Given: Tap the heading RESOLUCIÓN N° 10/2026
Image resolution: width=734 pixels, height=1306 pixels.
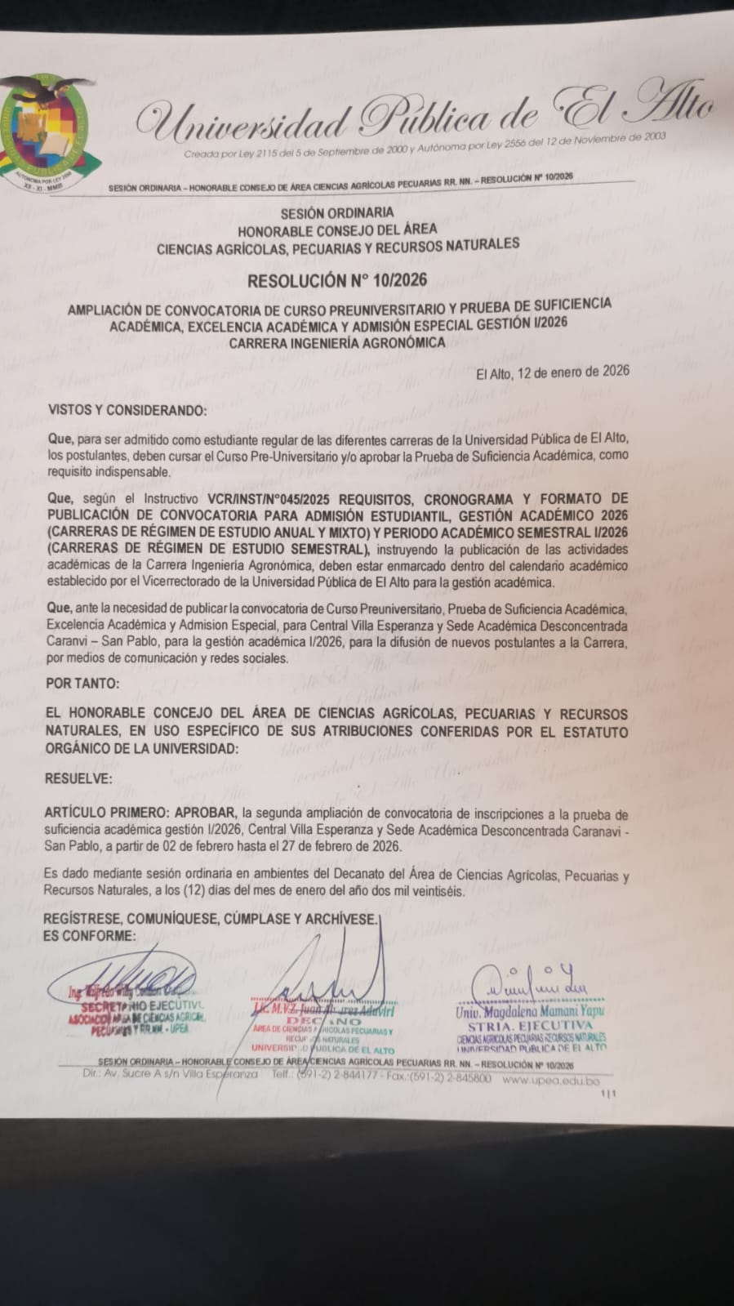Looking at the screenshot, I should click(337, 280).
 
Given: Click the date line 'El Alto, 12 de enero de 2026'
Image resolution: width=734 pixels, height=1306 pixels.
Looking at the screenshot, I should click(553, 371).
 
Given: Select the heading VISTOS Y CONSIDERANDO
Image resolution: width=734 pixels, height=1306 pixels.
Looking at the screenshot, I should click(127, 409).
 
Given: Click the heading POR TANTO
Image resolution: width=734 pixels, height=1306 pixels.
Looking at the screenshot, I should click(82, 682).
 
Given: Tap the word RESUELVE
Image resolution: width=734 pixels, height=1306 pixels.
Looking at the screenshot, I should click(79, 778).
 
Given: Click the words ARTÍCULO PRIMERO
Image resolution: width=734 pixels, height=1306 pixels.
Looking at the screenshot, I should click(118, 813).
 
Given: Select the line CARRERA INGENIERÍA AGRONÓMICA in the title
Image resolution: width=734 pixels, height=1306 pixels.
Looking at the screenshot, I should click(336, 343).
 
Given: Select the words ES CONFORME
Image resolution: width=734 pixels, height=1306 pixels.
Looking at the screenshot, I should click(90, 935).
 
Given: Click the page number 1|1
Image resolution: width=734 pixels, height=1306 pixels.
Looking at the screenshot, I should click(608, 1092).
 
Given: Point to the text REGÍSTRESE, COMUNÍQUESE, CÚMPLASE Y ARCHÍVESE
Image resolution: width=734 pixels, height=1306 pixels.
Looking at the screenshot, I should click(211, 919).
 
